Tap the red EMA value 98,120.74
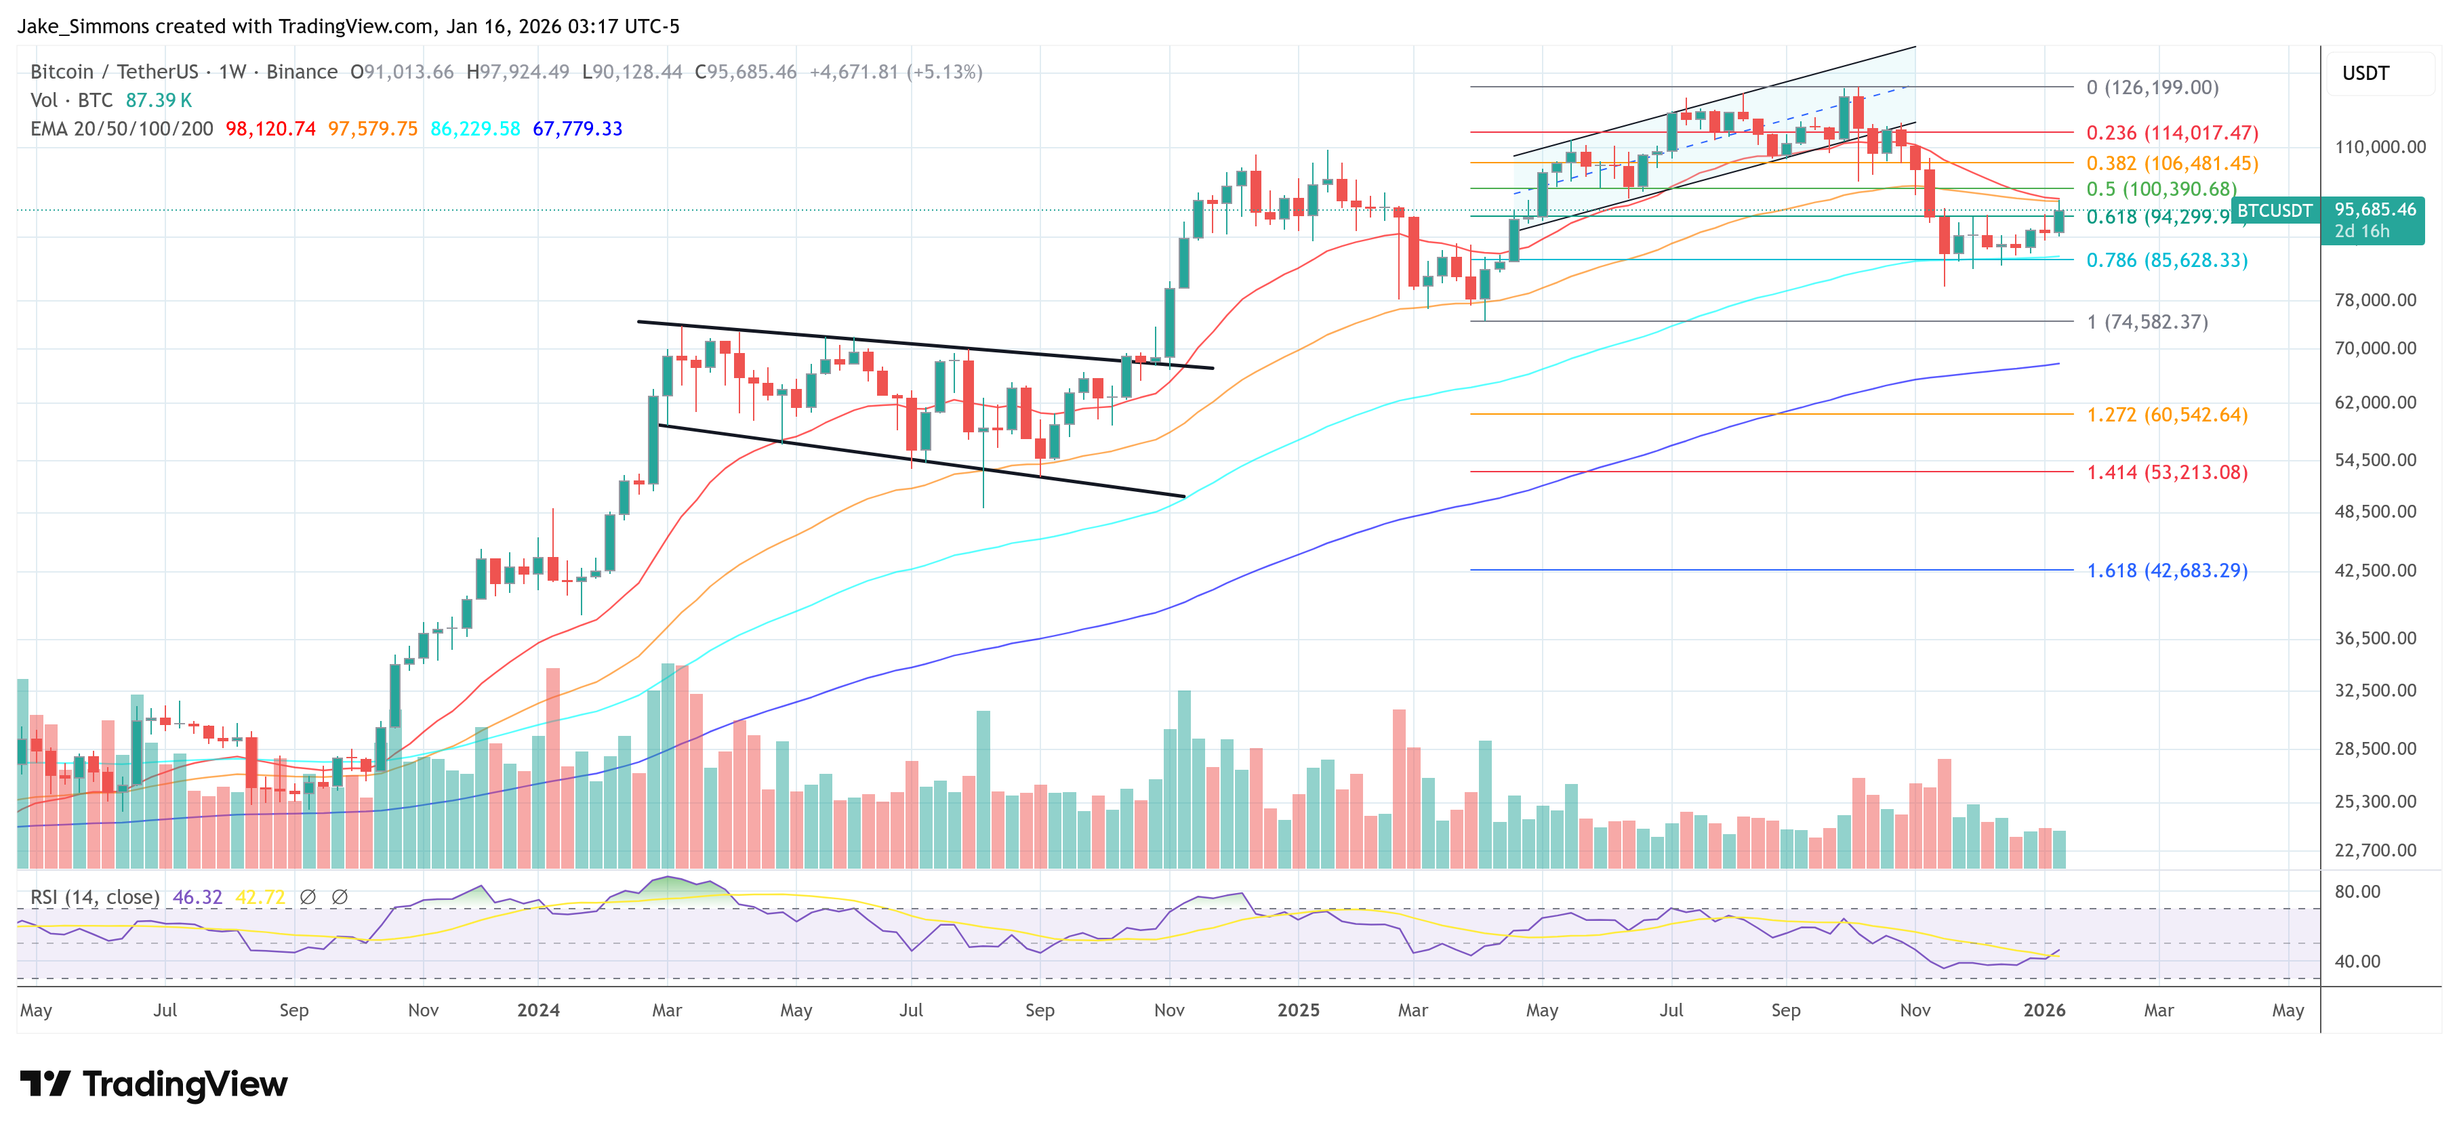tap(270, 129)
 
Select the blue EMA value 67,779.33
tap(577, 129)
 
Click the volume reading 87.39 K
tap(159, 100)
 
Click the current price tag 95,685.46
tap(2375, 210)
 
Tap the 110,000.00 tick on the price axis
tap(2380, 147)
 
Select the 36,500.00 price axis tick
tap(2375, 638)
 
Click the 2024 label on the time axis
tap(538, 1010)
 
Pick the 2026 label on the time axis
tap(2044, 1010)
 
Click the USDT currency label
tap(2365, 73)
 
